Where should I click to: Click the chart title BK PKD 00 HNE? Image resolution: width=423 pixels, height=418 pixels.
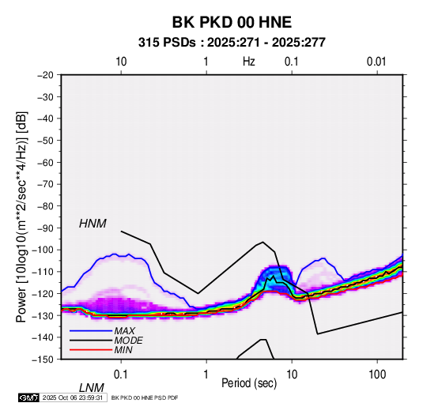(232, 22)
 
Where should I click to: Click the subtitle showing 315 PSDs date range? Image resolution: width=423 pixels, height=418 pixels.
(232, 43)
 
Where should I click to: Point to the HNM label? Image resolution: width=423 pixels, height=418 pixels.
(93, 224)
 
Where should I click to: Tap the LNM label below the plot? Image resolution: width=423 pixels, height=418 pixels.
(91, 388)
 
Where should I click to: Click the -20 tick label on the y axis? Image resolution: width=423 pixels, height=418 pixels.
(45, 75)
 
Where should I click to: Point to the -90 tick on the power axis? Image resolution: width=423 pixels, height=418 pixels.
(45, 228)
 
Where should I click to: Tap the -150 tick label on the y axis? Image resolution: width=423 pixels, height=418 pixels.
(43, 360)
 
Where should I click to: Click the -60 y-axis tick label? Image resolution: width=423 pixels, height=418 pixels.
(45, 162)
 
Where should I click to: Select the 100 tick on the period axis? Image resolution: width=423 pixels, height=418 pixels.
(377, 375)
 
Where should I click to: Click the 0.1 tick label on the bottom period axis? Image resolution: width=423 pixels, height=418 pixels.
(121, 375)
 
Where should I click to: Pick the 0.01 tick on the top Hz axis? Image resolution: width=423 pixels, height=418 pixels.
(376, 62)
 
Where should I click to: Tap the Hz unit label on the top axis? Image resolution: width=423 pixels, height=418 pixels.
(249, 62)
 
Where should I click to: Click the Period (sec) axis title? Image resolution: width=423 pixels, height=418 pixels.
(249, 383)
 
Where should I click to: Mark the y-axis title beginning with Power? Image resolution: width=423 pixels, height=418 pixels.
(21, 217)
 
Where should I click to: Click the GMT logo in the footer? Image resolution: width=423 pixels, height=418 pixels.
(28, 397)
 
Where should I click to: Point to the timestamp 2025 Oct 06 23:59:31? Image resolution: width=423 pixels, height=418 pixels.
(73, 397)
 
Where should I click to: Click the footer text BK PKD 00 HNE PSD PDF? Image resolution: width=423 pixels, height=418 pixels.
(145, 397)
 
